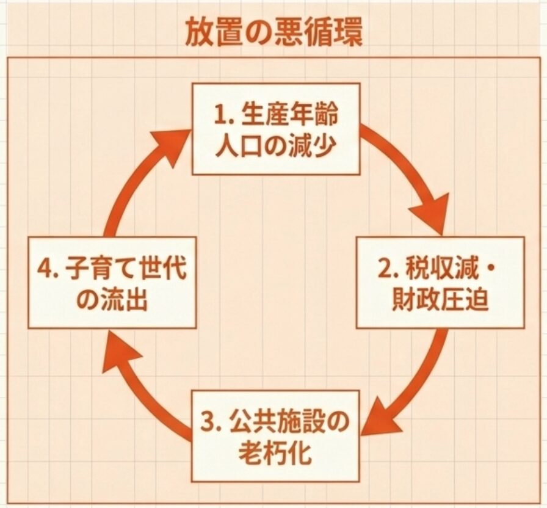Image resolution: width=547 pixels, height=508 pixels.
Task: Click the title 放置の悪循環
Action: [273, 34]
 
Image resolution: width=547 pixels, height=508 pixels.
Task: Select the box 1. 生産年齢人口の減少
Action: [276, 129]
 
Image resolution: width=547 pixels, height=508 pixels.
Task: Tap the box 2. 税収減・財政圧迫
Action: [440, 283]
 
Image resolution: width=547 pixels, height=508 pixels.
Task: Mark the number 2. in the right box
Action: [386, 267]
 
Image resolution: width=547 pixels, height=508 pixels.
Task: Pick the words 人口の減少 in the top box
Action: [275, 145]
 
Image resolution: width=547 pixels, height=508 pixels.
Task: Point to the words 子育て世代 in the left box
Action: [125, 267]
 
